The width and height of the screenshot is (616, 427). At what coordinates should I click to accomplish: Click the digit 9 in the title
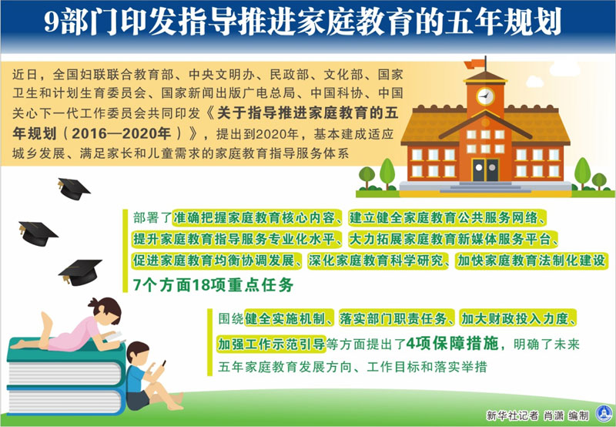coord(51,22)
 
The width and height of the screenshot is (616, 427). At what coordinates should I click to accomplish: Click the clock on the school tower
coord(486,96)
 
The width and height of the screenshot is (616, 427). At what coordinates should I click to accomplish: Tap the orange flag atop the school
coord(474,64)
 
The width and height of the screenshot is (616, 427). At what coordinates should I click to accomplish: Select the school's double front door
coord(485,170)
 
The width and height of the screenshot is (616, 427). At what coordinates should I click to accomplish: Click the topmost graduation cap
coord(73,189)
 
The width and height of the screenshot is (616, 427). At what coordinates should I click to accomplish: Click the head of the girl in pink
coord(105,310)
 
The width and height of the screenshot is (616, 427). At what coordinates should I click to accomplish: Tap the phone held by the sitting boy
coord(162,363)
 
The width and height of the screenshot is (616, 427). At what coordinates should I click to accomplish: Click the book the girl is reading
coord(114,337)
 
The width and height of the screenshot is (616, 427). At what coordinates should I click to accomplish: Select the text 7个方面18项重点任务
coord(213,285)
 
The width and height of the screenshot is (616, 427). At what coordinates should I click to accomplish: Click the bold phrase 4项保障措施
coord(452,344)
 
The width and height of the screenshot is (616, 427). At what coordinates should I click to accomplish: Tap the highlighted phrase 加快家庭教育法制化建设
coord(531,261)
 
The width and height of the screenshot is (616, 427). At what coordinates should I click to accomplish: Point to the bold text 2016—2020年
coord(121,133)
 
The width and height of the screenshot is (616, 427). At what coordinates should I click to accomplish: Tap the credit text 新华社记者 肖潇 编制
coord(537,415)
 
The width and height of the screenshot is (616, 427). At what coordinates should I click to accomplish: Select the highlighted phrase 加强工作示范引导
coord(272,344)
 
